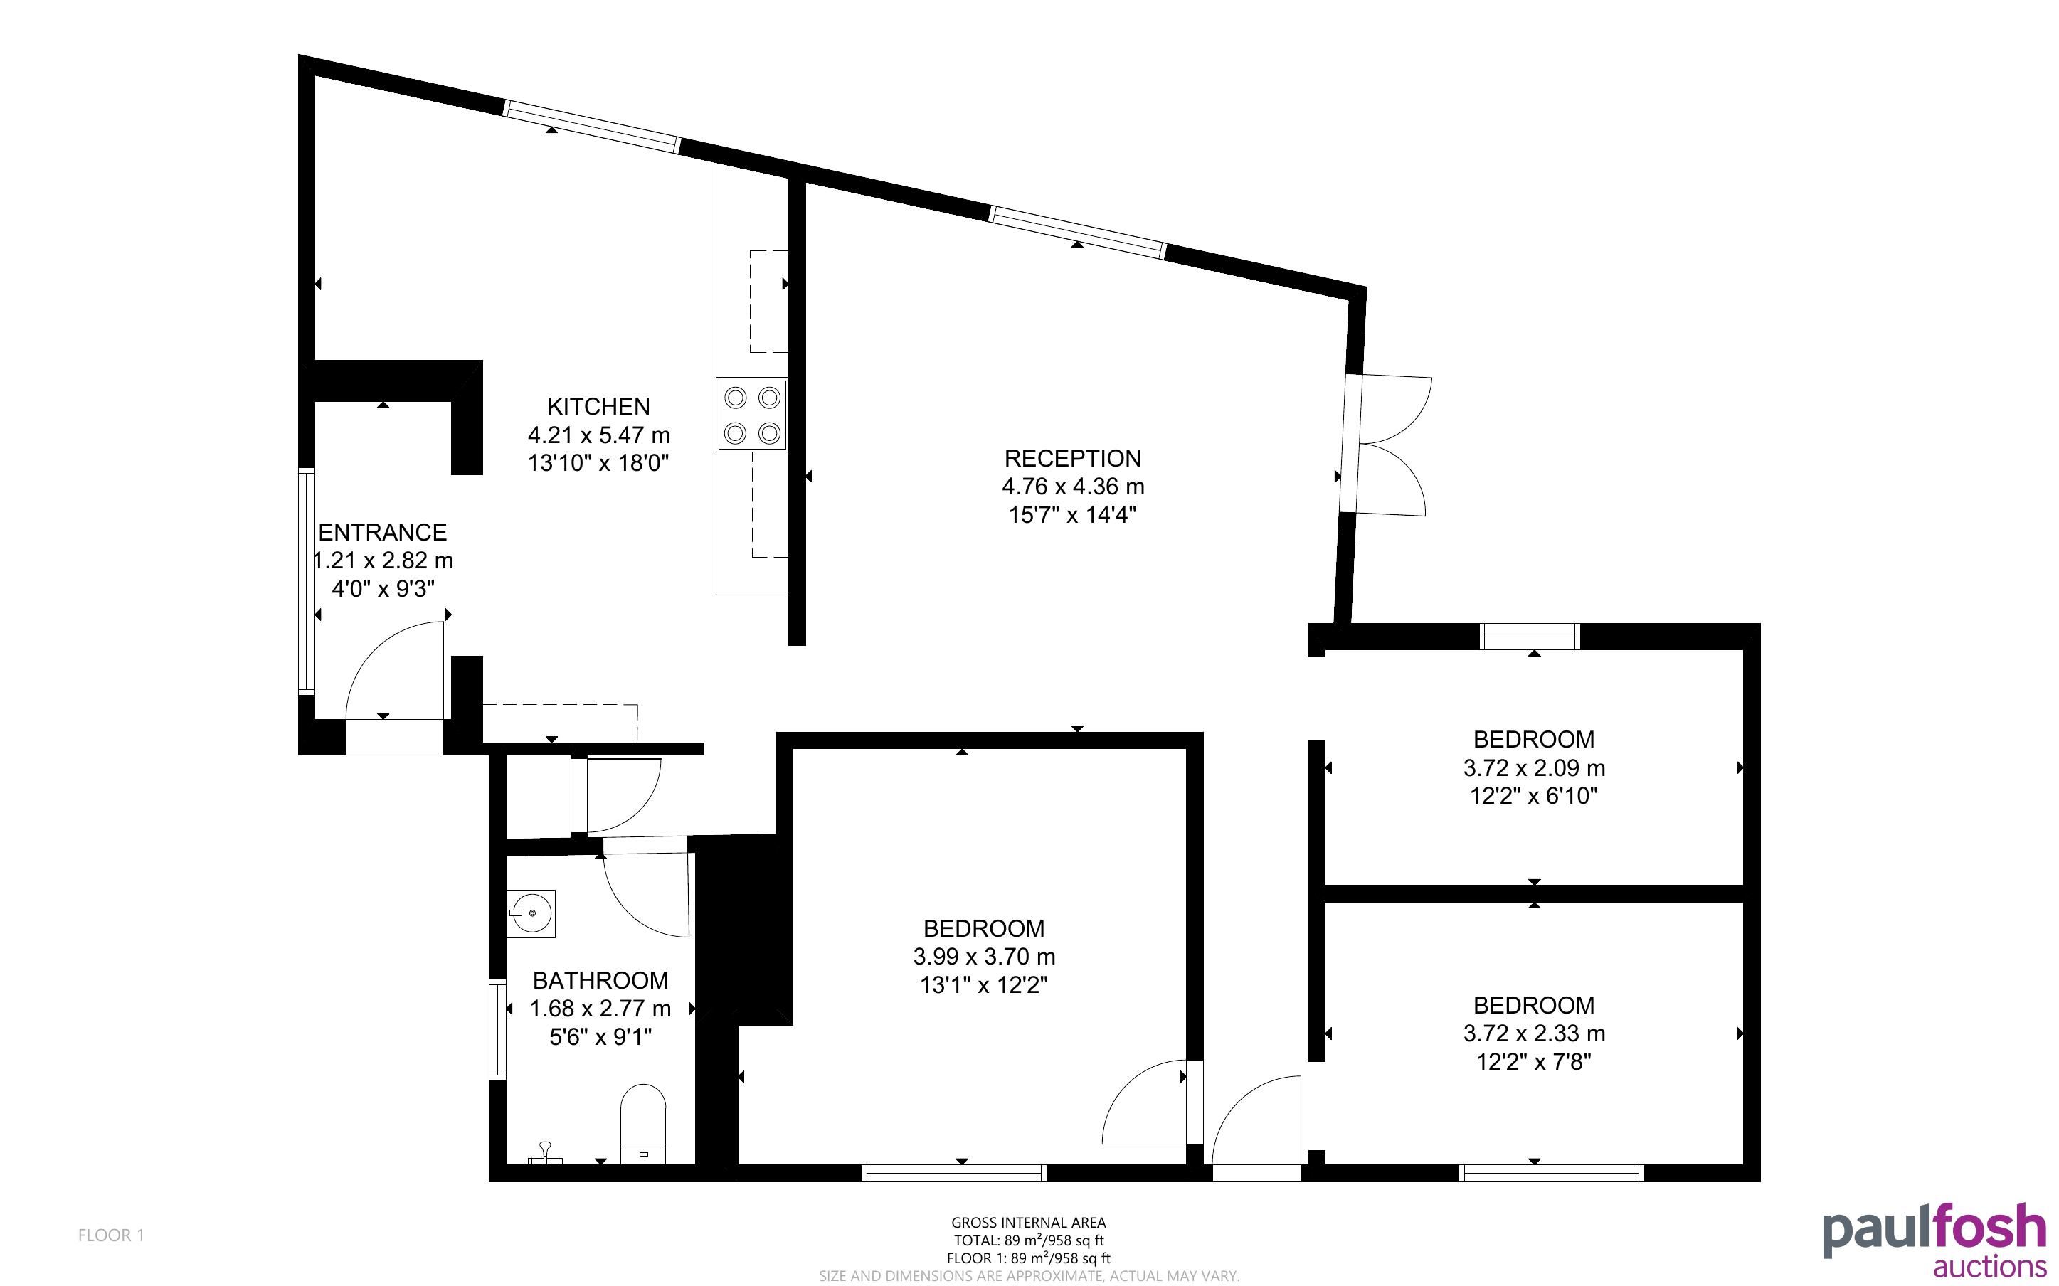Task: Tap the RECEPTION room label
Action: tap(1072, 459)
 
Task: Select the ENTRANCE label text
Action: tap(382, 533)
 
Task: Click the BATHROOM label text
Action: tap(600, 981)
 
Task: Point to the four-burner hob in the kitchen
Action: tap(752, 415)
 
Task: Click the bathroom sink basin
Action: tap(531, 913)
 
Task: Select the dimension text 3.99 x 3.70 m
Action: tap(984, 957)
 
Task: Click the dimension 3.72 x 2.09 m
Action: tap(1534, 768)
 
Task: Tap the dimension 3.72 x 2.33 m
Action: tap(1534, 1033)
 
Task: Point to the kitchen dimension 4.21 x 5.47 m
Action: tap(599, 435)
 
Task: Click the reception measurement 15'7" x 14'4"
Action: tap(1072, 514)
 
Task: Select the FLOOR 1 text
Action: tap(112, 1235)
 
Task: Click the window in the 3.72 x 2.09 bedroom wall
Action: tap(1530, 636)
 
